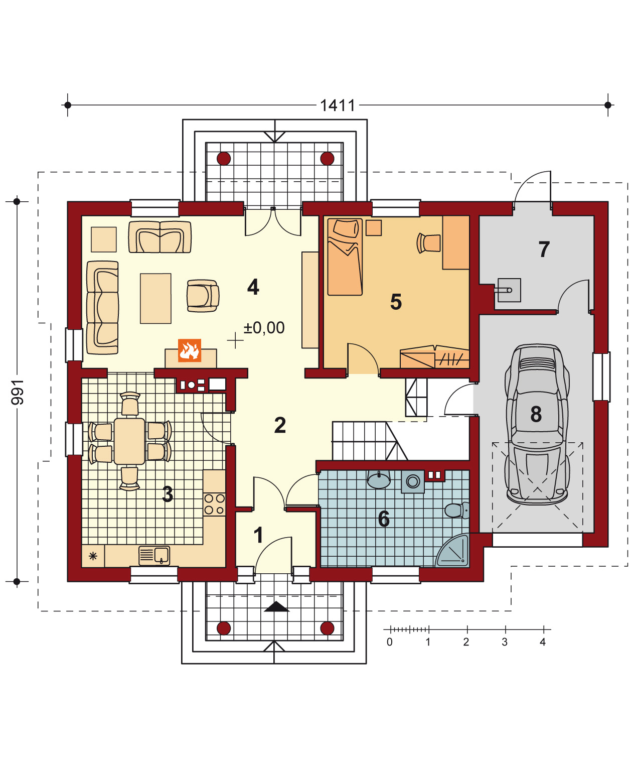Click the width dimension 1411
pos(337,105)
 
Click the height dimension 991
pos(18,392)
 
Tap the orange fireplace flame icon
pos(189,350)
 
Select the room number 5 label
pos(396,302)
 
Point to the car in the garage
pos(537,424)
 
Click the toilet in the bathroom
pos(456,510)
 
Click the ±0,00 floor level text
pos(264,327)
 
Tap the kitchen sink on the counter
pos(154,555)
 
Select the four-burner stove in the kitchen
pos(214,504)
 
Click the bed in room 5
pos(345,257)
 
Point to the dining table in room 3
pos(129,441)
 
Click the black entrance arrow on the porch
pos(276,607)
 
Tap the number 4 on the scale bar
pos(543,642)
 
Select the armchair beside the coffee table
pos(203,296)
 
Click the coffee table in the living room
pos(155,299)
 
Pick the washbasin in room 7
pos(509,290)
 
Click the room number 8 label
pos(536,414)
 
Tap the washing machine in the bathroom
pos(413,481)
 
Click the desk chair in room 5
pos(428,243)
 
